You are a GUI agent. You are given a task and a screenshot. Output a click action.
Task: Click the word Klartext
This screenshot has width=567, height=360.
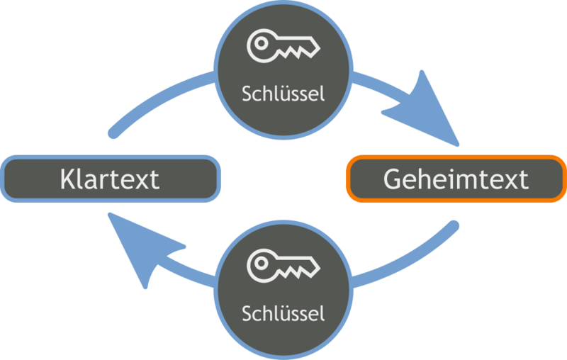[109, 179]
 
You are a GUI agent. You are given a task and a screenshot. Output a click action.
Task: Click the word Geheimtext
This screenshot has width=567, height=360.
[456, 179]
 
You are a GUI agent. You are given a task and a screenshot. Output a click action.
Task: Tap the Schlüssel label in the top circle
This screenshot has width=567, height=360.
[283, 94]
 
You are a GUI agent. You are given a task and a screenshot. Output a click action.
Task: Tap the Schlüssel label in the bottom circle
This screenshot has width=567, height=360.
[283, 313]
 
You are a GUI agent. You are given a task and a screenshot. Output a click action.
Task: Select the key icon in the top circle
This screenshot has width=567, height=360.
[283, 46]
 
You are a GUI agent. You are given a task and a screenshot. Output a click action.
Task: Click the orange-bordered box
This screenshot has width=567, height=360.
[456, 179]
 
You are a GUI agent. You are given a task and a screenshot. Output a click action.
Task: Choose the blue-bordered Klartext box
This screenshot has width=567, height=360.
[109, 179]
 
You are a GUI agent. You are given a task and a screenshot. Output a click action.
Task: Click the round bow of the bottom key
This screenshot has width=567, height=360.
[261, 265]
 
